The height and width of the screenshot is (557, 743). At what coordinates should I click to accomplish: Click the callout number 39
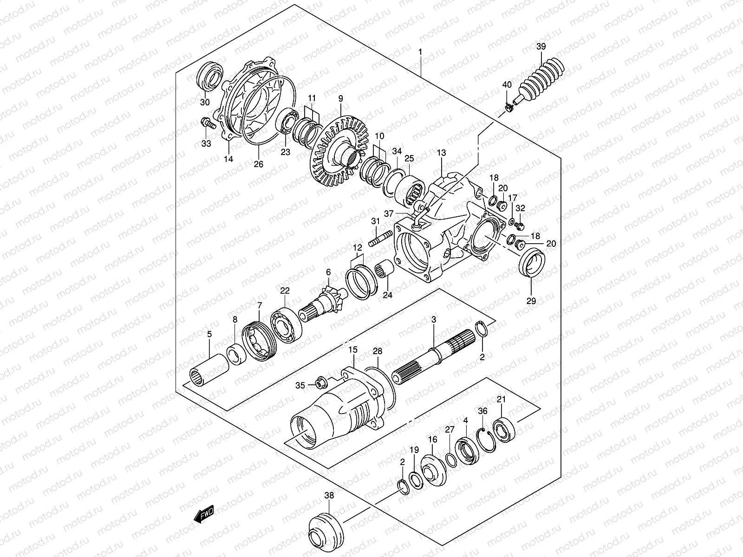click(x=541, y=46)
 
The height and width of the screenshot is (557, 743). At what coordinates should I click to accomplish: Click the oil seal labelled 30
click(x=211, y=76)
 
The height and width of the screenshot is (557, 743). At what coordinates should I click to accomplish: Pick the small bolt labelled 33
click(x=207, y=123)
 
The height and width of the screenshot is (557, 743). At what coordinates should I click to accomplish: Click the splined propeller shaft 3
click(x=437, y=357)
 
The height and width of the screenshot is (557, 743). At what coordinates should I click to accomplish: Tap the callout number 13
click(x=441, y=153)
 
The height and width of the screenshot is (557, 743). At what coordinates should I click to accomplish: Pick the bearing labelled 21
click(x=502, y=429)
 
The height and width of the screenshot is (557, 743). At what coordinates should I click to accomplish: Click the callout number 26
click(x=259, y=164)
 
